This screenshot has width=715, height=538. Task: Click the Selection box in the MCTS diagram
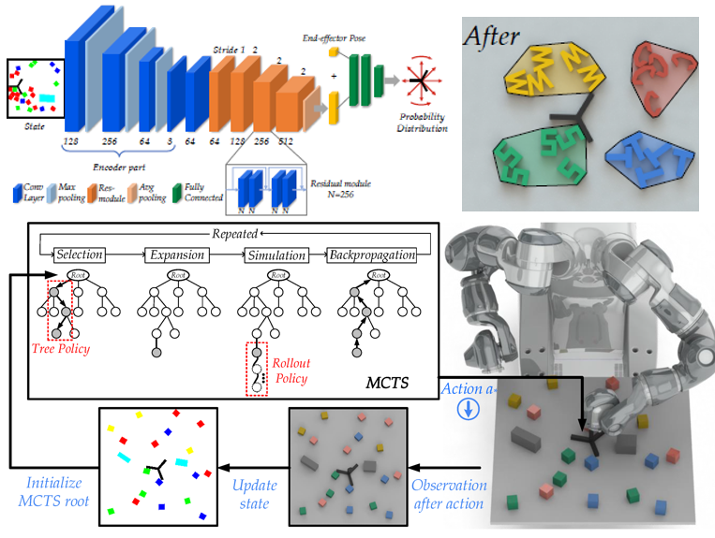click(x=79, y=254)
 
